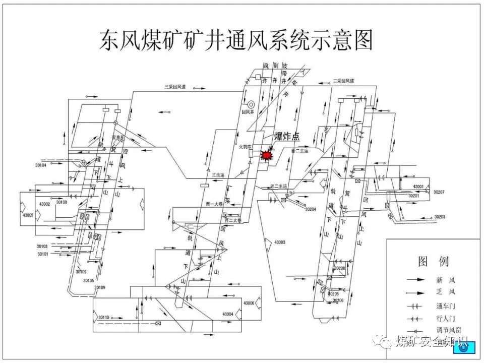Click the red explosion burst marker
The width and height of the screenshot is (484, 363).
pos(265,155)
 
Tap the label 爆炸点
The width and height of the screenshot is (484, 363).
pos(286,137)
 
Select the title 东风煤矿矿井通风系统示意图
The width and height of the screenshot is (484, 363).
pos(236,40)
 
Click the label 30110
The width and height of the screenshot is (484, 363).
pos(104,317)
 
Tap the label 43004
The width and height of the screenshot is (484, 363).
pos(227,314)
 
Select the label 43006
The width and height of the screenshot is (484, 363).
pos(249,303)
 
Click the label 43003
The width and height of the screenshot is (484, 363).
pos(280,243)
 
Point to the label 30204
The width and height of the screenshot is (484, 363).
pos(310,209)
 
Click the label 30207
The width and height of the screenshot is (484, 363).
pos(439,192)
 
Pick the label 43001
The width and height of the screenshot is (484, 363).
pos(418,187)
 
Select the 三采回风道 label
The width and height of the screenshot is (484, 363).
pos(175,87)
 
